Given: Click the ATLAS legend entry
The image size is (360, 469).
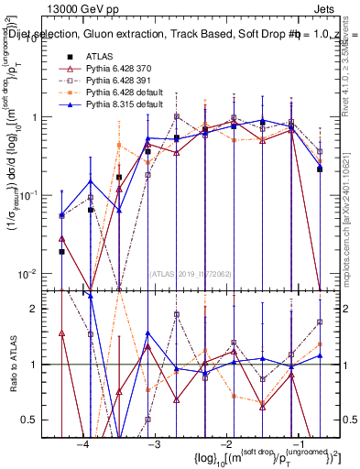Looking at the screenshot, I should pos(99,56).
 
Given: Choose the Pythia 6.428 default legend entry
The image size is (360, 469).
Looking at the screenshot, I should pos(120,93).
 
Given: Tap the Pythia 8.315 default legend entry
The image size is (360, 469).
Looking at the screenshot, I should pos(120,104).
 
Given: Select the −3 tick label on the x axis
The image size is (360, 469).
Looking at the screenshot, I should pos(155,444).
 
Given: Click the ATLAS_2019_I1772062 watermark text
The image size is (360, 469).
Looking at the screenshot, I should pos(191,273).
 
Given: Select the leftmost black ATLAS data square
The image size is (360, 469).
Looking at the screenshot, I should pos(61,251).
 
